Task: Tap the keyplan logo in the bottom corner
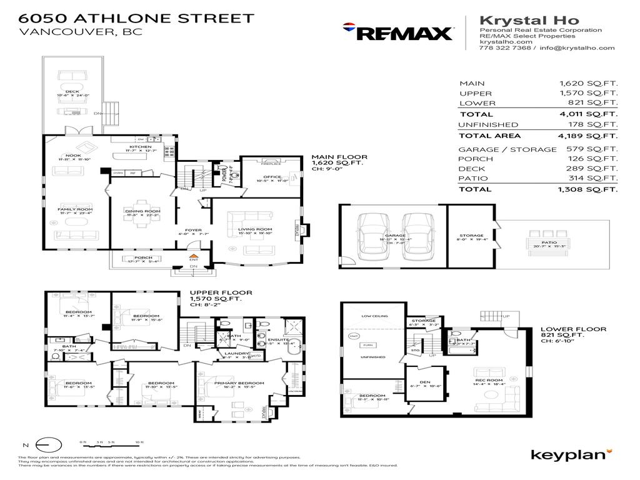tap(570, 454)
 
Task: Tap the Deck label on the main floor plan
tap(72, 92)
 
